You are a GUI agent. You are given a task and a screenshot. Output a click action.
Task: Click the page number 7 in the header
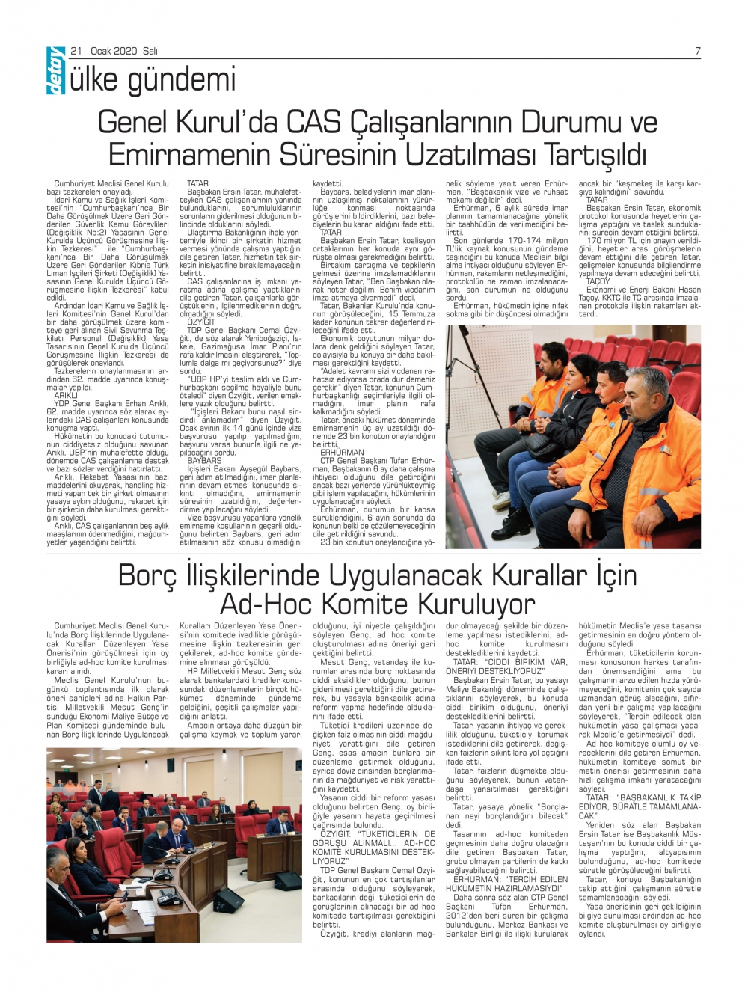[697, 51]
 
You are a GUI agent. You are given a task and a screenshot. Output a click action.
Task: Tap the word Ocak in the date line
[102, 51]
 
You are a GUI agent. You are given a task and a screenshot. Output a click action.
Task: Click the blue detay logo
[55, 71]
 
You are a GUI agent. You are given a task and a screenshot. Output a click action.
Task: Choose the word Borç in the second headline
[148, 575]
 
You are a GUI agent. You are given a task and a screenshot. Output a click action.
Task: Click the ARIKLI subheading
[66, 395]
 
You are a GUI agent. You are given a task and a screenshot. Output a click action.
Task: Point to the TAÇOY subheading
[598, 281]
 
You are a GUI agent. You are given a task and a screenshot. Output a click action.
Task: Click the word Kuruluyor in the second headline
[476, 604]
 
